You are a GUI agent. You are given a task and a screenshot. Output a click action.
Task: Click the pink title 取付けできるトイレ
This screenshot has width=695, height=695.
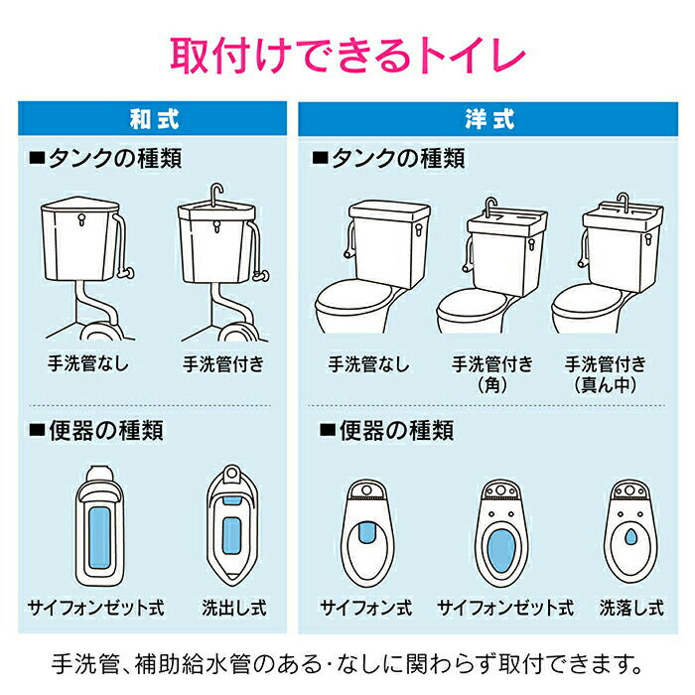point(347,56)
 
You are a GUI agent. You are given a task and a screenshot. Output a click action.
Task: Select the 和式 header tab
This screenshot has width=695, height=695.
point(155,119)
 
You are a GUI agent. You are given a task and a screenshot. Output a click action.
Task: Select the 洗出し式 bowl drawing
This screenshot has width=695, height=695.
point(233,526)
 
